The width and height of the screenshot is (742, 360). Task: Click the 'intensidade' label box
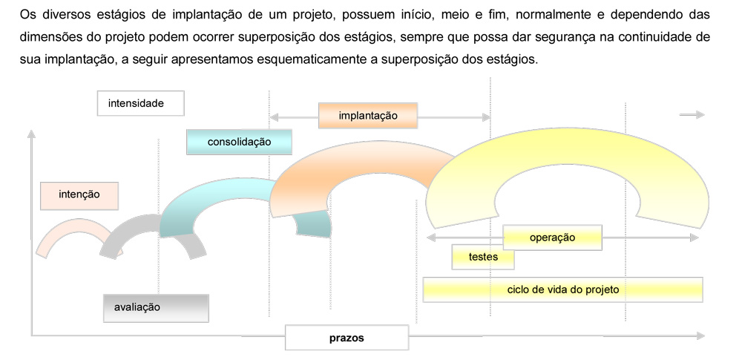[140, 103]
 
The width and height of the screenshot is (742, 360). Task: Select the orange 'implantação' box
[368, 116]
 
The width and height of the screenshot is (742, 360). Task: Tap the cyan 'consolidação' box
[239, 142]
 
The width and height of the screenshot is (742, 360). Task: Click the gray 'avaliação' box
[156, 308]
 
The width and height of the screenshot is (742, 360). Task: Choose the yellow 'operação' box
[552, 238]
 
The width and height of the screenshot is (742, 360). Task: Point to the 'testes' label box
[483, 258]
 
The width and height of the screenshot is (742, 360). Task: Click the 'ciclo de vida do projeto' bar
[562, 289]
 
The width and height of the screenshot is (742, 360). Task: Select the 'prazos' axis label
[347, 338]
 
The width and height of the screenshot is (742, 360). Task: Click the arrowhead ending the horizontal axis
[700, 336]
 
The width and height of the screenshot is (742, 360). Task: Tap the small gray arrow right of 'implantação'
[692, 114]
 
